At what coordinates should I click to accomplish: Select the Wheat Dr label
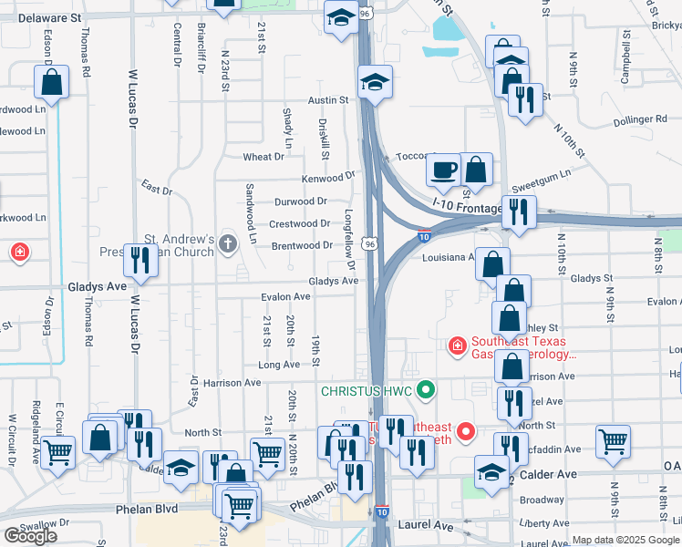263,157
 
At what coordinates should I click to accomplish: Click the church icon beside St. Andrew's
227,243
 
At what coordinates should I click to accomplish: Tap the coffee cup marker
444,170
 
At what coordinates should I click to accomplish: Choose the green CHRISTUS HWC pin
424,391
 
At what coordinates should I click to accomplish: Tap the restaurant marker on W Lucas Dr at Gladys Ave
140,261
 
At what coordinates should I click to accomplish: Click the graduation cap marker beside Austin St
375,82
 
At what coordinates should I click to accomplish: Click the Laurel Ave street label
425,526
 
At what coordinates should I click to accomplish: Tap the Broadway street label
542,500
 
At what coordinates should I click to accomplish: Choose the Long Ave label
278,365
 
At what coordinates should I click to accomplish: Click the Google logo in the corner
30,536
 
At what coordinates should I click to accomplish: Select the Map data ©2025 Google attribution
626,540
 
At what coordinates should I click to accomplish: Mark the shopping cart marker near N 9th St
613,442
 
